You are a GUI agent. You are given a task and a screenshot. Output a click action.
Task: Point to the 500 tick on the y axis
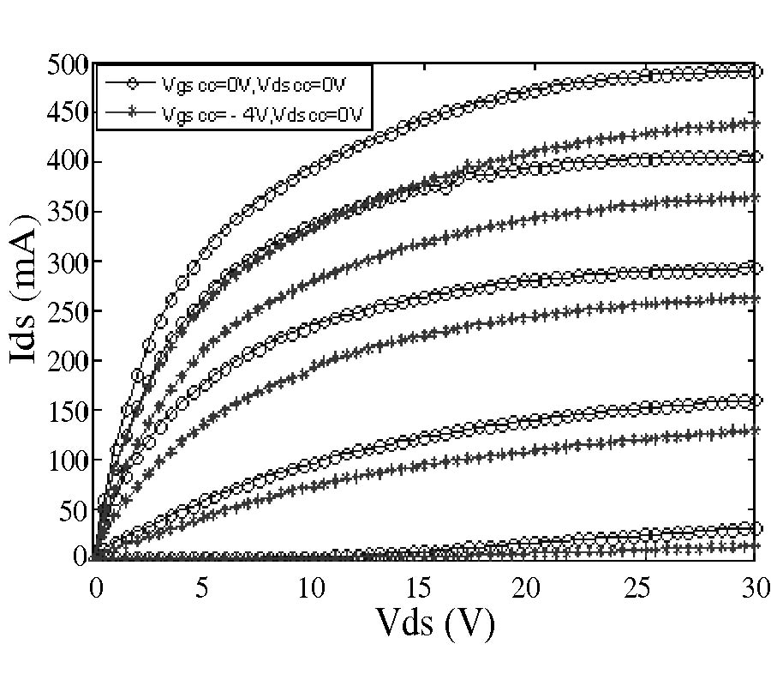click(69, 65)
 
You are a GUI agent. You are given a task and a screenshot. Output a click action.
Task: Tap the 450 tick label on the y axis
click(69, 114)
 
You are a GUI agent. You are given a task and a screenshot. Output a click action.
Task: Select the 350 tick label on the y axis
click(69, 213)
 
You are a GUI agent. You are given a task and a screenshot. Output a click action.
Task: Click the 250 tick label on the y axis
click(69, 311)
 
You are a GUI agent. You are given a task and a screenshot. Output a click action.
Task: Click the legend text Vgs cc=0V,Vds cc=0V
click(253, 83)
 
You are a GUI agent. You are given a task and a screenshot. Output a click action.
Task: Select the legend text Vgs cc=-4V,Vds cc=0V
click(260, 112)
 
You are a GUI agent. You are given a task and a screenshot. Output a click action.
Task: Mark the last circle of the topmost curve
click(755, 71)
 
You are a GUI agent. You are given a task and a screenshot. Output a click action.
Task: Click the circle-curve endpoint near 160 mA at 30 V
click(755, 400)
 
